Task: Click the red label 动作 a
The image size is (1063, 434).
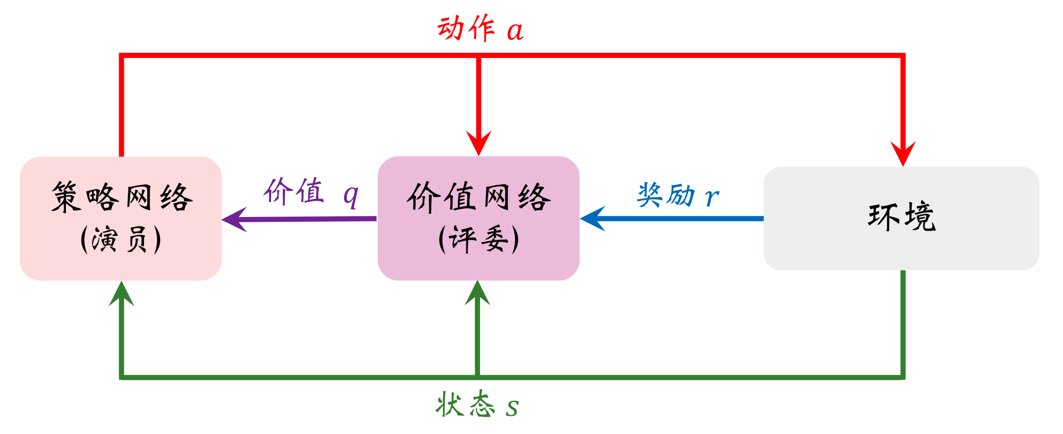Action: point(480,29)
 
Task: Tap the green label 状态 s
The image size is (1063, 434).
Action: point(477,405)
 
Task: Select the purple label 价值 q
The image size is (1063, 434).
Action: point(310,192)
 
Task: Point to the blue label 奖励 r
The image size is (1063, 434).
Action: point(678,195)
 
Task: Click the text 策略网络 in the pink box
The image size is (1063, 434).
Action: point(122,197)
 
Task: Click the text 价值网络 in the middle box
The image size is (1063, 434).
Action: point(479,197)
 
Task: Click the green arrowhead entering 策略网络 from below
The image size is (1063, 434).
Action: point(122,294)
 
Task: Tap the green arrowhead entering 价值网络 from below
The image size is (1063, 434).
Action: point(478,293)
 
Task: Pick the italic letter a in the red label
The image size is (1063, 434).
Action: point(515,31)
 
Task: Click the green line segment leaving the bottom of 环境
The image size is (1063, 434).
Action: point(903,322)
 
